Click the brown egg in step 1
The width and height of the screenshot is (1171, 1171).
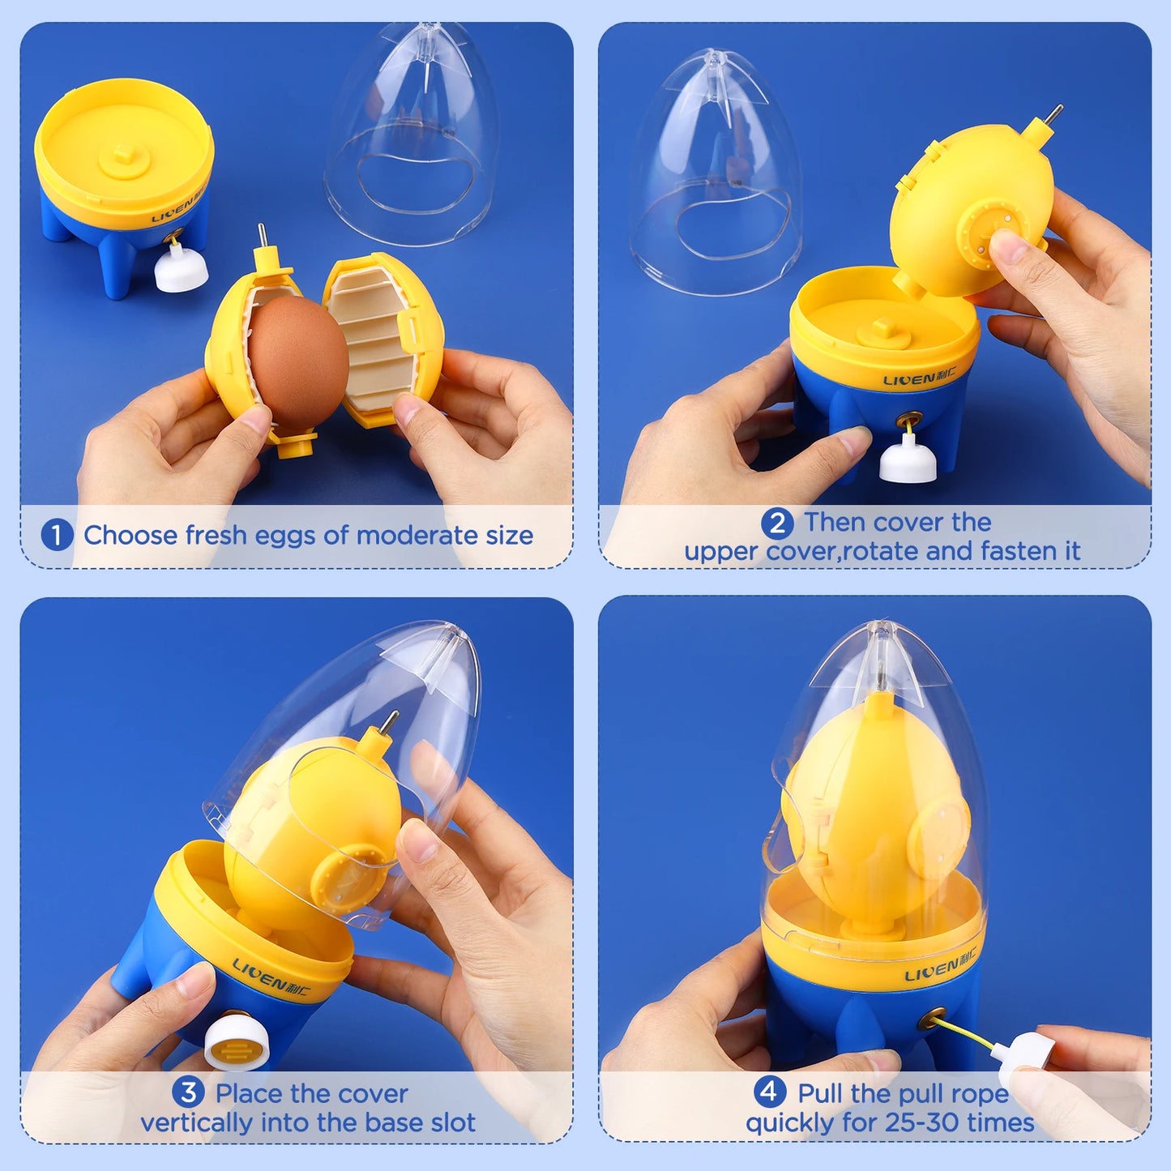[x=297, y=361]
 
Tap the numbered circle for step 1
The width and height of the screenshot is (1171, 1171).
[x=57, y=535]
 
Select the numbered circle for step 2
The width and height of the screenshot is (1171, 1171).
[x=777, y=523]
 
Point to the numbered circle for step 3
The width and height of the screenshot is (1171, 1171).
[x=188, y=1092]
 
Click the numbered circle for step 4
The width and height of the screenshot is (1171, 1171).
[x=770, y=1092]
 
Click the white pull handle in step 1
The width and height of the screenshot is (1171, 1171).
[x=181, y=270]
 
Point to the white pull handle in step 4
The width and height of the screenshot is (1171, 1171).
[x=1027, y=1053]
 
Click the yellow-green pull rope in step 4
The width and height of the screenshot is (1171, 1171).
[x=968, y=1032]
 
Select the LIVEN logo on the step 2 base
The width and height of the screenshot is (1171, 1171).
[x=919, y=378]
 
